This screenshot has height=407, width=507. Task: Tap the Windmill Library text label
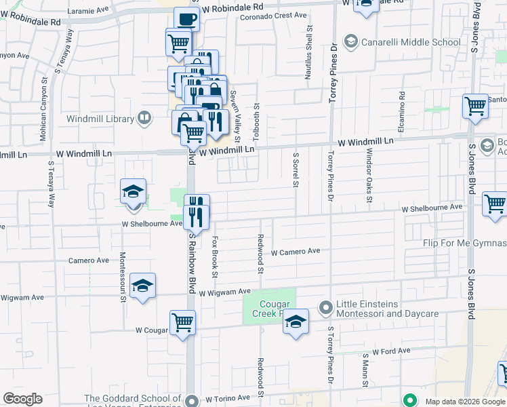(100, 119)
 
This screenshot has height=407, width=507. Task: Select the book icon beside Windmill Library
(144, 119)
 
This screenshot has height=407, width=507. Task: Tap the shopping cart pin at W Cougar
(183, 322)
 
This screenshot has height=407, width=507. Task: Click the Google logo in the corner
(22, 399)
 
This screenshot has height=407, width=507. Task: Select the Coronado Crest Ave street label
(274, 15)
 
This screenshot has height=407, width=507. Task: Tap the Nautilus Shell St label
(308, 54)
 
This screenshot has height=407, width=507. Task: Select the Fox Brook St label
(215, 256)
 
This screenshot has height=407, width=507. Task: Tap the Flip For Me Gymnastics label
(464, 243)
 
